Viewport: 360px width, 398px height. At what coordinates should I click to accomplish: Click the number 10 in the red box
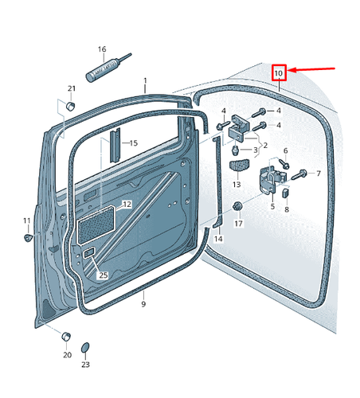[x=279, y=72]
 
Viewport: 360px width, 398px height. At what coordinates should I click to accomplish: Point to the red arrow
[x=311, y=69]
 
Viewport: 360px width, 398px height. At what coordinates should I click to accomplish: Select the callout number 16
[x=102, y=49]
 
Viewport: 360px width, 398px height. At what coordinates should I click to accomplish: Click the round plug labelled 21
[x=70, y=106]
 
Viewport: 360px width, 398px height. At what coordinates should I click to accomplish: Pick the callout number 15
[x=134, y=143]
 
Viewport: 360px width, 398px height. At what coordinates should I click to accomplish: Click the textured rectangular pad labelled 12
[x=96, y=225]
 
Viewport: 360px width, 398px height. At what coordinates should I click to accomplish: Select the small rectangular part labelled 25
[x=89, y=253]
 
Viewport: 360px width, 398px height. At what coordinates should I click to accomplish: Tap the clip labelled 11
[x=28, y=237]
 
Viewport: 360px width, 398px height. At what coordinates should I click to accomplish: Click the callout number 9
[x=143, y=304]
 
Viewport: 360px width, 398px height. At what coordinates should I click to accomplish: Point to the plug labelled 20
[x=66, y=337]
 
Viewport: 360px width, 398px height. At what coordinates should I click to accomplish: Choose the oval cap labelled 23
[x=85, y=348]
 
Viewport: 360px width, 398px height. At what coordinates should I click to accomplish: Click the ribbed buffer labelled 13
[x=239, y=166]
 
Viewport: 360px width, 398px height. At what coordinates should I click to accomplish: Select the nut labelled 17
[x=237, y=206]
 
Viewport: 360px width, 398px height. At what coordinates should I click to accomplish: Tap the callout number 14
[x=218, y=239]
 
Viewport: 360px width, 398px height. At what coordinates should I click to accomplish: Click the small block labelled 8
[x=285, y=193]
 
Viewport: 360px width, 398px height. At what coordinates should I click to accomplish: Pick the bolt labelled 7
[x=299, y=174]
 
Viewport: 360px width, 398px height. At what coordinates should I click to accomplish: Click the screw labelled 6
[x=284, y=163]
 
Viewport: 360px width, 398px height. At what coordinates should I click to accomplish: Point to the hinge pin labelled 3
[x=235, y=150]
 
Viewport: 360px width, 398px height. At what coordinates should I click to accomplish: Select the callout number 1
[x=145, y=80]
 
